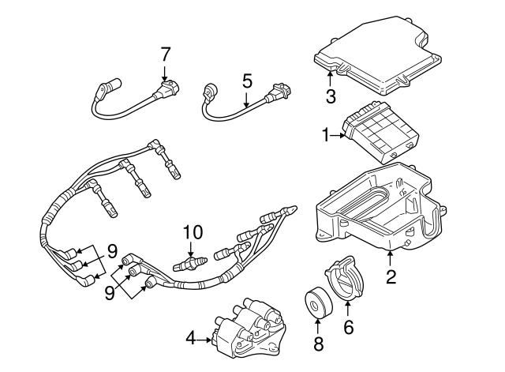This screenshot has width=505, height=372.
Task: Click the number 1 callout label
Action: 325,137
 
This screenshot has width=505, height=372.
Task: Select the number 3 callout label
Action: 331,96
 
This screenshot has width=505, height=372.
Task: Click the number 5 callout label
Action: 247,81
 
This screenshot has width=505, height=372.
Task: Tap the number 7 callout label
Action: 165,54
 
